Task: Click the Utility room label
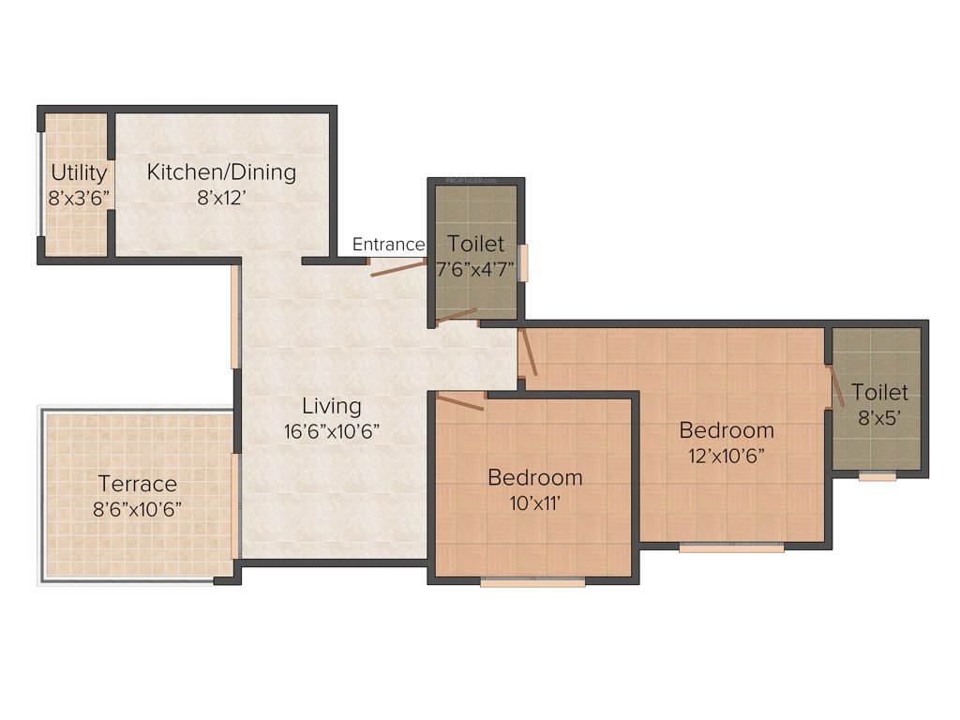click(x=79, y=173)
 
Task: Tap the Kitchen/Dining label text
click(x=221, y=172)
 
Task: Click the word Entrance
click(x=388, y=245)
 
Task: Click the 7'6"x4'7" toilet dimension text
click(x=476, y=269)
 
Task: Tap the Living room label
click(x=331, y=406)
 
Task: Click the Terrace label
click(x=138, y=484)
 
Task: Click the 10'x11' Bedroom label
click(x=535, y=477)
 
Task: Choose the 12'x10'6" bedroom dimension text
click(x=727, y=457)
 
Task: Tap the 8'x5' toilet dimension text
click(x=880, y=417)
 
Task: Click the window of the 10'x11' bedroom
click(x=532, y=582)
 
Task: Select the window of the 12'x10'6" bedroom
click(x=731, y=547)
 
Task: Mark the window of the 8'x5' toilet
click(x=877, y=476)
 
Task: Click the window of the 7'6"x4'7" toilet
click(x=525, y=262)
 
